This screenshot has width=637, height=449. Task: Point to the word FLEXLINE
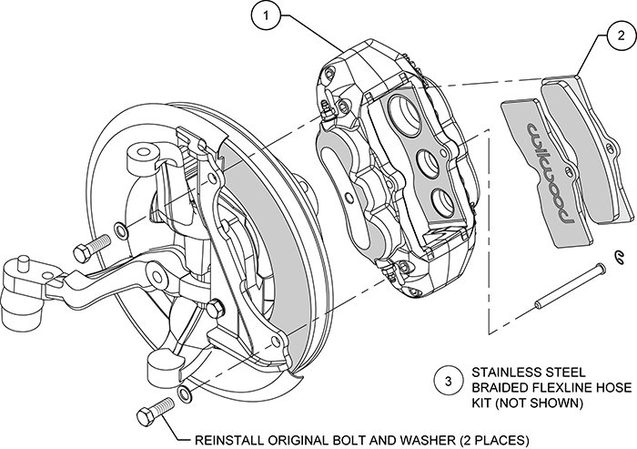click(541, 385)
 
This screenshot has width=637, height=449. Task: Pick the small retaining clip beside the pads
click(615, 262)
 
